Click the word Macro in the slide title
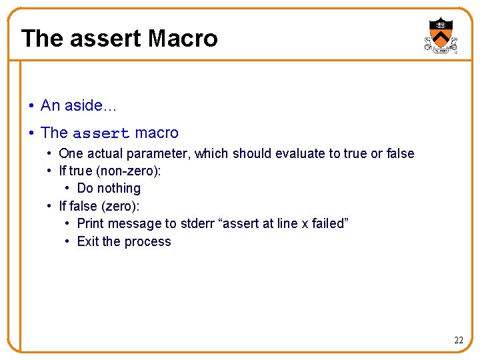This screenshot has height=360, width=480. tap(183, 38)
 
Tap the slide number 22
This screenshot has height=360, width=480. tap(458, 340)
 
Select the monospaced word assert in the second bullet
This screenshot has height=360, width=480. tap(101, 133)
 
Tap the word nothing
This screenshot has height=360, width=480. tap(119, 188)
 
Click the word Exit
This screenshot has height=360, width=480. tap(88, 241)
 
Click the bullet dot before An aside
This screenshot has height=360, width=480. tap(31, 106)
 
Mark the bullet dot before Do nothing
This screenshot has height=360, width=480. tap(69, 189)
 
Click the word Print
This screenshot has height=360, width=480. tap(91, 223)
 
